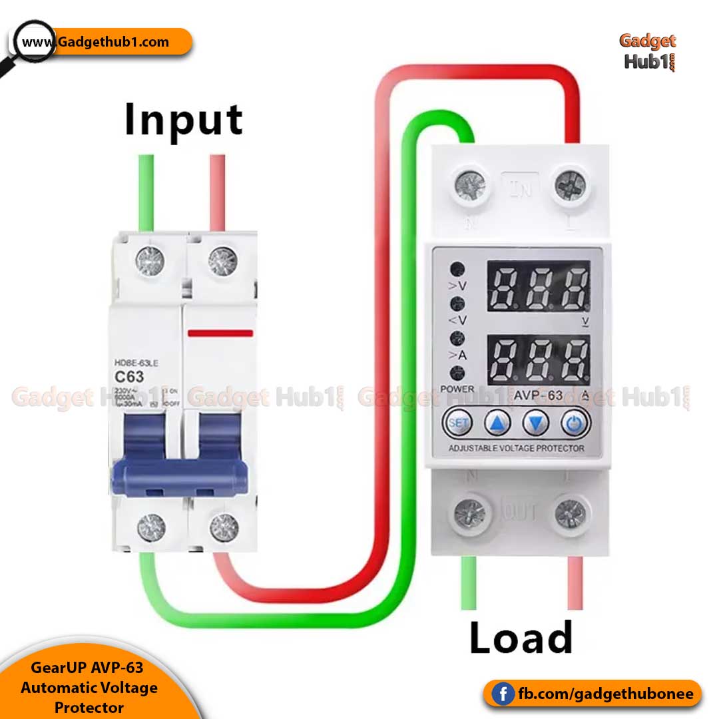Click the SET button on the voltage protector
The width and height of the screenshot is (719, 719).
457,422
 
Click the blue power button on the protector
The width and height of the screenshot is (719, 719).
575,422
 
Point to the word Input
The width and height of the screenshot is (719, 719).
184,120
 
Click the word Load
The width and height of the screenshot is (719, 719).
521,638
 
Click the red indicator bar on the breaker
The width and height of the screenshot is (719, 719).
220,333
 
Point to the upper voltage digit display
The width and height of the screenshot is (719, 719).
539,286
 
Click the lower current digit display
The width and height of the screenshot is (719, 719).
539,359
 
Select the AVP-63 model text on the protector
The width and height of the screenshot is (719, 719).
538,395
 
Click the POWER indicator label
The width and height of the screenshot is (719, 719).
457,389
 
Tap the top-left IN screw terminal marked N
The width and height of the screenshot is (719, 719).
470,184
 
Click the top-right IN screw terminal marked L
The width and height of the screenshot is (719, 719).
571,184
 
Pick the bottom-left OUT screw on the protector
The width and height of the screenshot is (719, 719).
470,513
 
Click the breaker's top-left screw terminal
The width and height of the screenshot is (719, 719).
150,262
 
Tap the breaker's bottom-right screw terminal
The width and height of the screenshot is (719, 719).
224,528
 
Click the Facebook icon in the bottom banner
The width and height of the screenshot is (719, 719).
504,694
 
